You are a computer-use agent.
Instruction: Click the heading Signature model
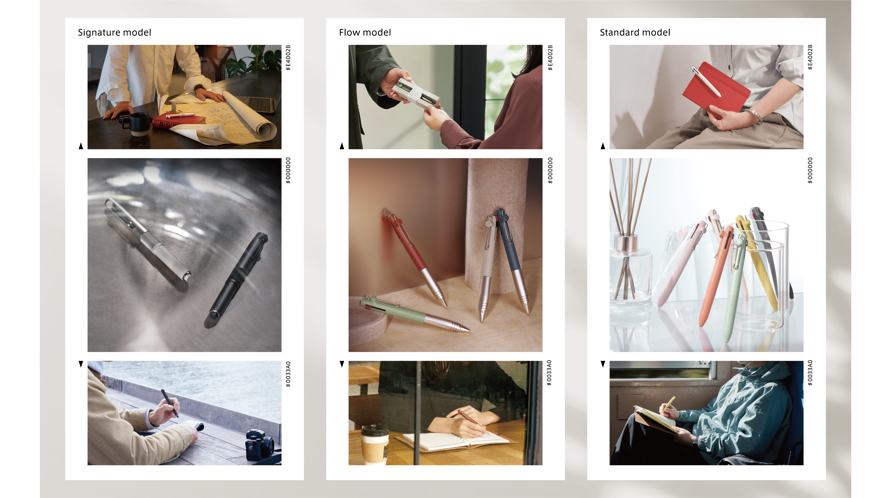tap(114, 33)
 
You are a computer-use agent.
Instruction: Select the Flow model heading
tap(365, 33)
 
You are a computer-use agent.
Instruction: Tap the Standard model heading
tap(635, 33)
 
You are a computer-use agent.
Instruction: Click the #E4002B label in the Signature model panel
tap(288, 58)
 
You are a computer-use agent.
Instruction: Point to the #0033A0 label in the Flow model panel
tap(549, 373)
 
